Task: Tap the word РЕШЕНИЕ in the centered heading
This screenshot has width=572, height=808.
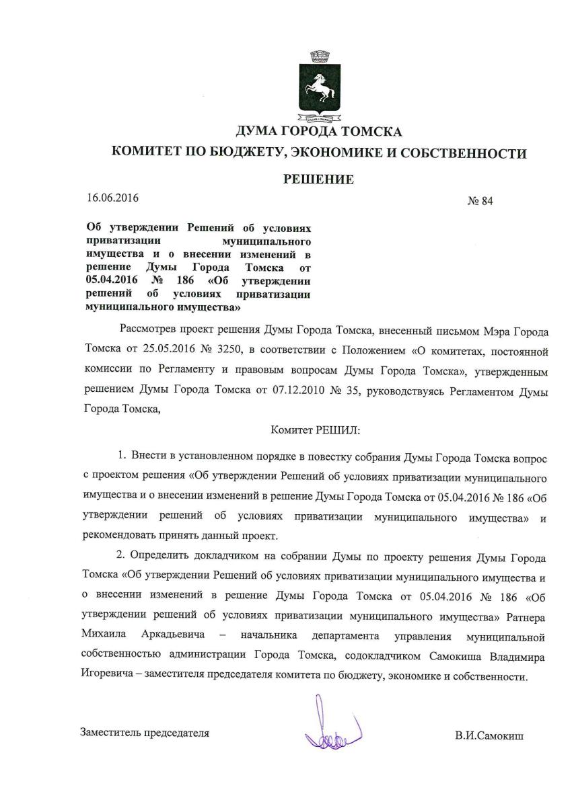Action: click(x=319, y=179)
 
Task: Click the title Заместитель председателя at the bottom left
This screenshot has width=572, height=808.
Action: click(x=145, y=733)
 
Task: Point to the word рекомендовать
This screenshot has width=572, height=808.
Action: click(x=120, y=537)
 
